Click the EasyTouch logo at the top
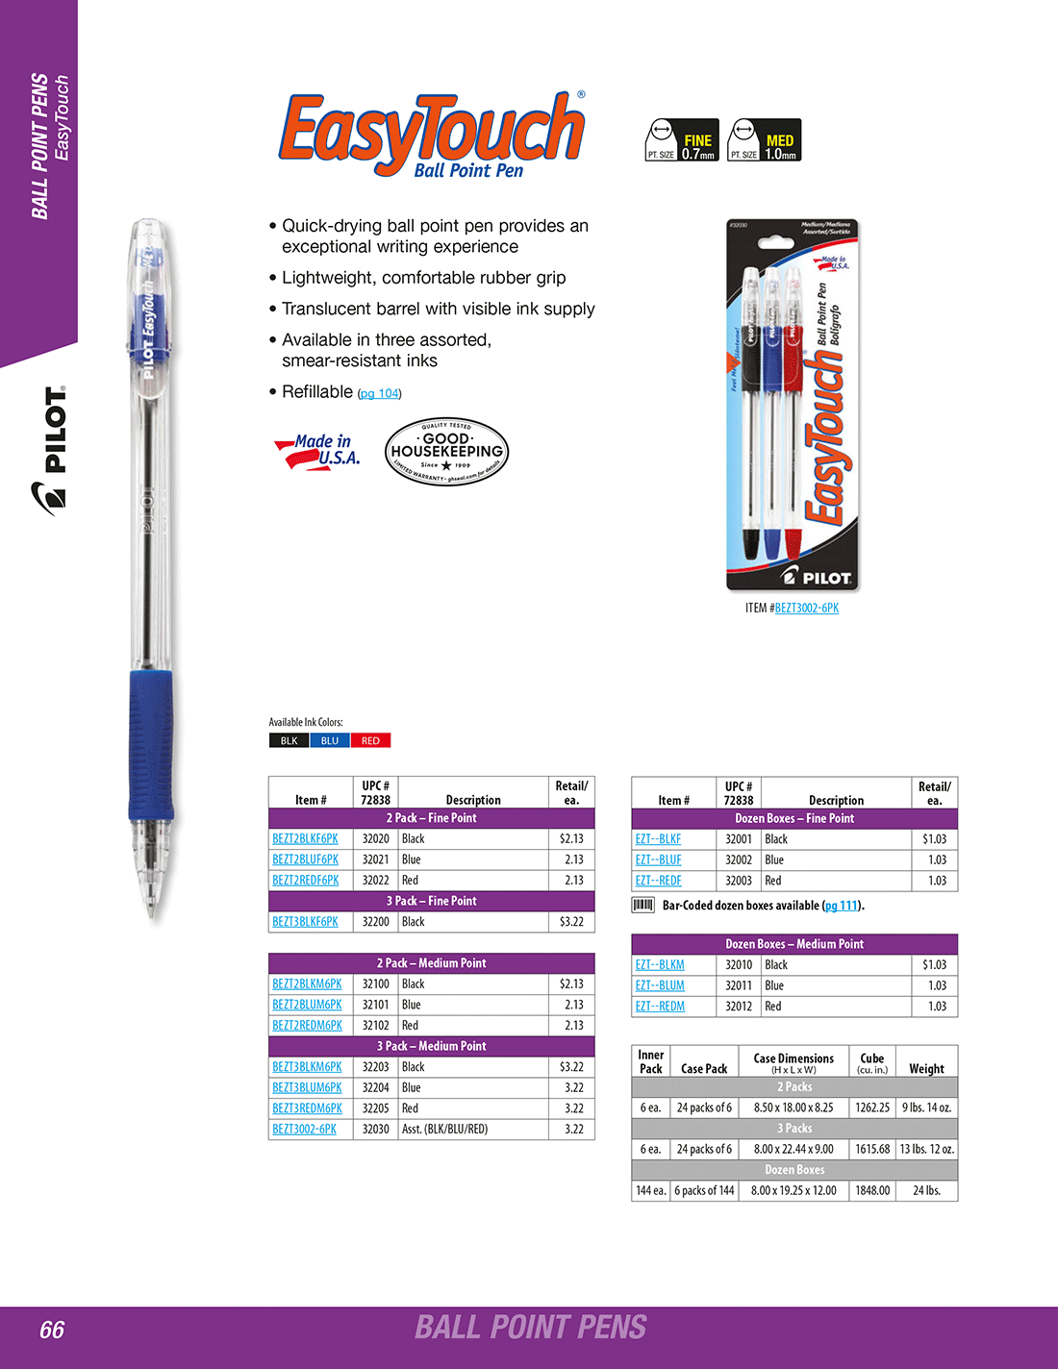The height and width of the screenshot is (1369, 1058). [432, 136]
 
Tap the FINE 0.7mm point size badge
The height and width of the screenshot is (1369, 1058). [681, 140]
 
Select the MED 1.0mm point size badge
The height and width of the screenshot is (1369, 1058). [765, 140]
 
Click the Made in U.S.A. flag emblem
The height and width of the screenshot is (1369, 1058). [317, 451]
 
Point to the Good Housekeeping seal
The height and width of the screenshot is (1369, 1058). [446, 451]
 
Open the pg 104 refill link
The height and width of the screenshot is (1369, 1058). [379, 393]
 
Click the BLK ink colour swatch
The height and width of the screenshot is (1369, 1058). [289, 741]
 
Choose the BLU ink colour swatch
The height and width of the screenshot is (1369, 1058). [330, 741]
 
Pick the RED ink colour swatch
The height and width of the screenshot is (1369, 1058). [370, 741]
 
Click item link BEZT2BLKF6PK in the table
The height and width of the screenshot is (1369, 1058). [305, 839]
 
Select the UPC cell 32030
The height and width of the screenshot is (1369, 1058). [376, 1130]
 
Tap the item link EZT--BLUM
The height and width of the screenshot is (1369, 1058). [660, 985]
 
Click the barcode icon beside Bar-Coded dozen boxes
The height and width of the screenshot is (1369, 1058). [642, 906]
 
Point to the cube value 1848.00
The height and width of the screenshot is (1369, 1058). [872, 1191]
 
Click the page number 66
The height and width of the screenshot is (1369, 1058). [52, 1330]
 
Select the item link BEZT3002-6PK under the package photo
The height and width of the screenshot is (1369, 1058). [806, 609]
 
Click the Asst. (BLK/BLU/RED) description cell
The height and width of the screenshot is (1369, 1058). [445, 1130]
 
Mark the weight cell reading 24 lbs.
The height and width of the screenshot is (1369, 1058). [926, 1191]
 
